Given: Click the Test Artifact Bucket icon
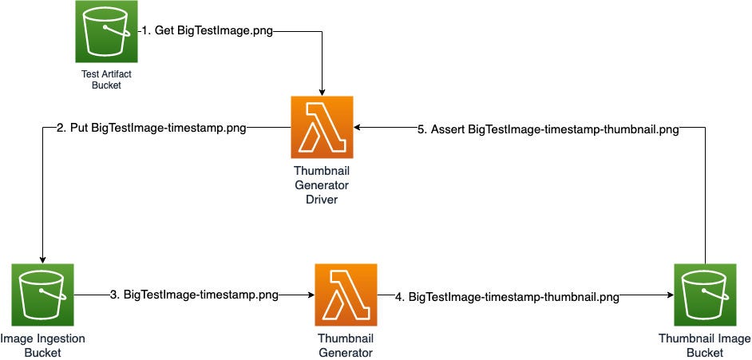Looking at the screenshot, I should click(x=106, y=31).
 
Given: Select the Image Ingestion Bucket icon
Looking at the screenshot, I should click(x=42, y=295).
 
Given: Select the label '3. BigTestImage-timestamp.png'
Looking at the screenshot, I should click(x=194, y=295).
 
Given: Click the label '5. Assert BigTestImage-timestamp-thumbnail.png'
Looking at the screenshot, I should click(x=549, y=129).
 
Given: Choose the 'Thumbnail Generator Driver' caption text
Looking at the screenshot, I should click(x=323, y=185).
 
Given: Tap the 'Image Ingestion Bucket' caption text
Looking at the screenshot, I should click(x=42, y=345).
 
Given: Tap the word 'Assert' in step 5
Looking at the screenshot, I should click(x=447, y=129).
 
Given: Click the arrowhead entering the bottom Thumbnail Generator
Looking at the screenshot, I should click(x=309, y=295).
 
